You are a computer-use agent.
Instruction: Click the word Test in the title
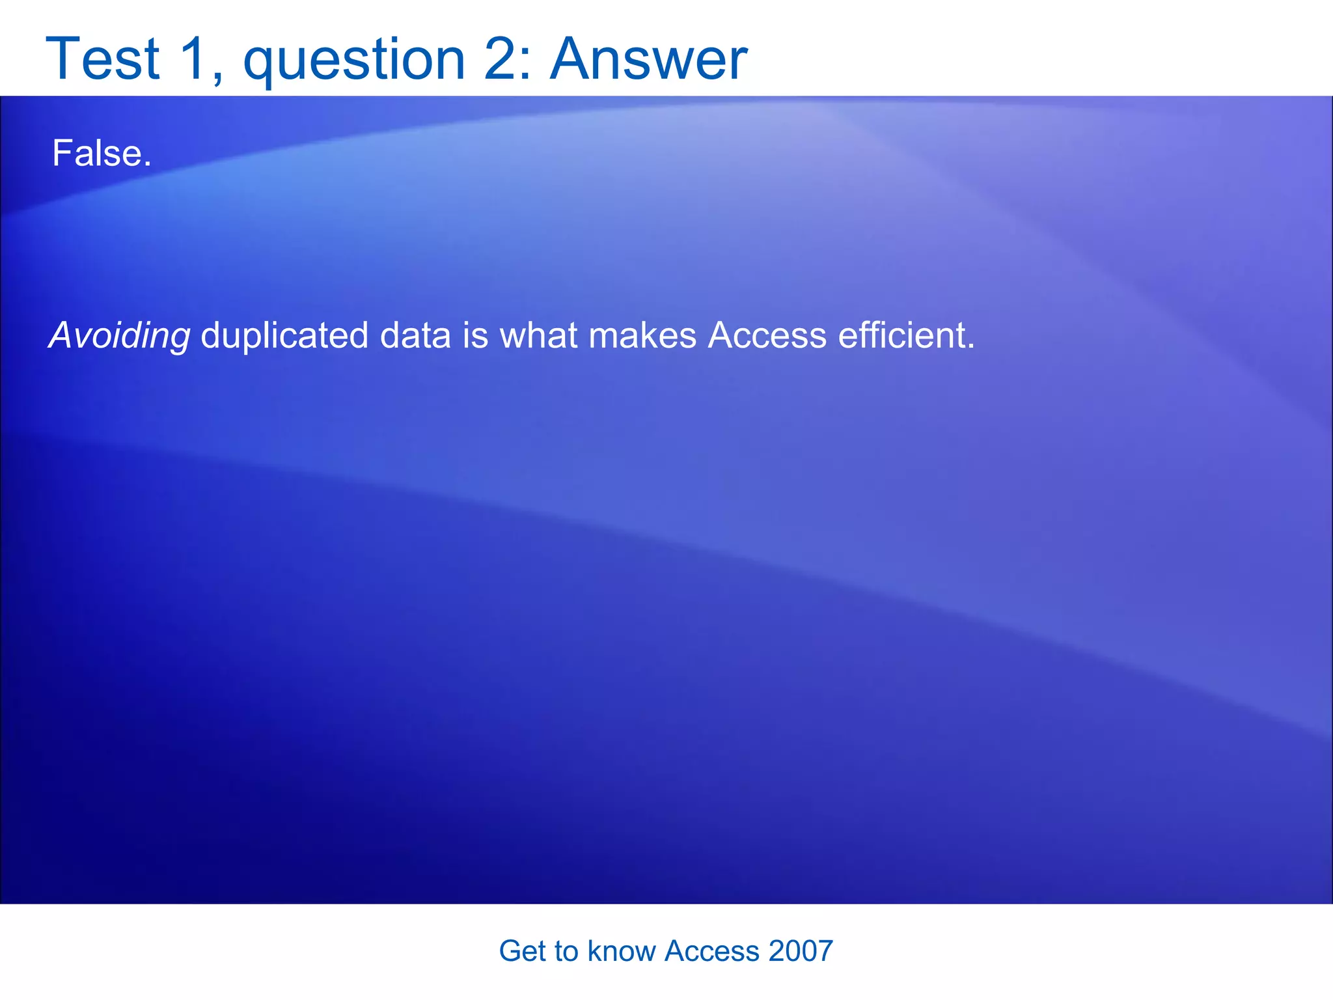coord(103,60)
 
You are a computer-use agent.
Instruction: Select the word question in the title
coord(354,62)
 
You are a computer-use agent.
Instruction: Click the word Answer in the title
coord(649,60)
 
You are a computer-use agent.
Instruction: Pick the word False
coord(102,154)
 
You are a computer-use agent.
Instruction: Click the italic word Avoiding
coord(120,336)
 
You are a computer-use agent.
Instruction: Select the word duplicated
coord(284,336)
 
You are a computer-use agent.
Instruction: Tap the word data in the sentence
coord(415,336)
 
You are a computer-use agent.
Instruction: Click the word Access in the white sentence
coord(767,336)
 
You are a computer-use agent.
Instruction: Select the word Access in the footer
coord(711,951)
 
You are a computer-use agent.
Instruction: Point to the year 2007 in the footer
coord(801,951)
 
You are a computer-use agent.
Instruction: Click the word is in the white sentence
coord(475,336)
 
